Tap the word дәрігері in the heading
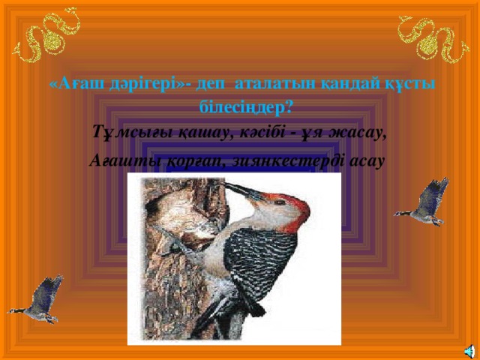pyautogui.click(x=139, y=85)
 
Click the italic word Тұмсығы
pyautogui.click(x=124, y=133)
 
